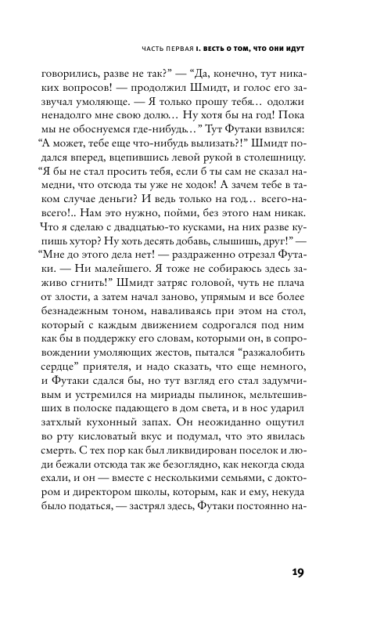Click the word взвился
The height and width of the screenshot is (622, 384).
pos(279,146)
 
